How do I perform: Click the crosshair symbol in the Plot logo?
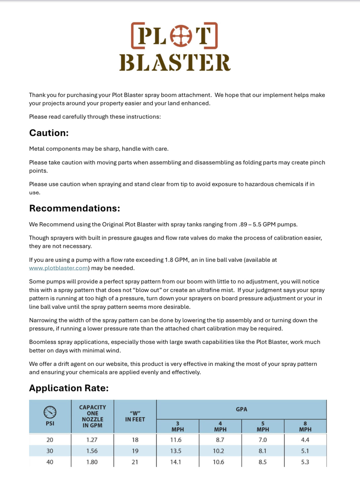[181, 36]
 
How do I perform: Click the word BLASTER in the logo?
[175, 63]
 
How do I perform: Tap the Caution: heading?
[49, 133]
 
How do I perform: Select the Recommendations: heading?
[75, 208]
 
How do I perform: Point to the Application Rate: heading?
[69, 388]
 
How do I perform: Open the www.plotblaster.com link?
[58, 268]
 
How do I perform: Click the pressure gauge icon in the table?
[50, 412]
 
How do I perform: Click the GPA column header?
[241, 409]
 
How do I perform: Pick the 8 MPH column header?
[305, 426]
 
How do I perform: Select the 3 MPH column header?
[178, 426]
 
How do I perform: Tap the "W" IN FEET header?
[135, 416]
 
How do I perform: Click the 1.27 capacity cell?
[92, 440]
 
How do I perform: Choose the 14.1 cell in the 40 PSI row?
[176, 462]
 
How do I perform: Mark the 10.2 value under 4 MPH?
[218, 451]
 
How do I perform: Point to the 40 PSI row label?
[50, 462]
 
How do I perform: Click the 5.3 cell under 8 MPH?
[305, 462]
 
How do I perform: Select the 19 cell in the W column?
[135, 451]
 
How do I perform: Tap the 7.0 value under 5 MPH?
[263, 440]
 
